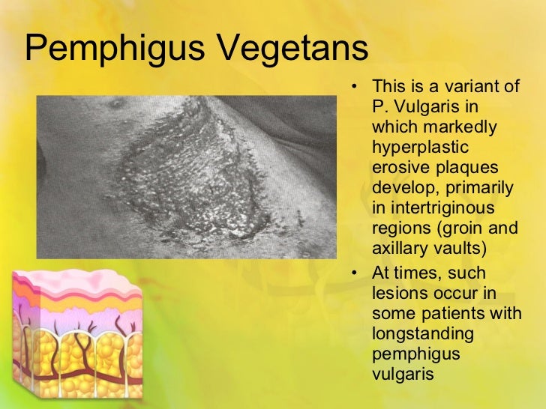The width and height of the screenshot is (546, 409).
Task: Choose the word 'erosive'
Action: point(397,166)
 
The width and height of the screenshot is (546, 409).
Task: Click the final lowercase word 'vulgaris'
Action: point(402,372)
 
